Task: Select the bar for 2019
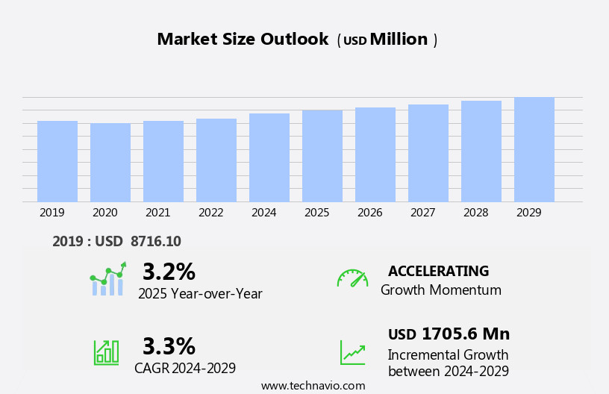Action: tap(57, 161)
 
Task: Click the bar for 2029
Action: tap(534, 149)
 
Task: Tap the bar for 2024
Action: tap(269, 157)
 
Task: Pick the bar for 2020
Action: tap(110, 163)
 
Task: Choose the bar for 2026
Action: tap(375, 154)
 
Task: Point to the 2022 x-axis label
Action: tap(211, 213)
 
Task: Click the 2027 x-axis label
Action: tap(423, 213)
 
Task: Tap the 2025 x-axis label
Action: tap(317, 213)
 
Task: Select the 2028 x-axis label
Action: tap(476, 213)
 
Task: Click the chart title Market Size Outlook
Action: tap(243, 40)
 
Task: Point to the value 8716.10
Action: tap(155, 241)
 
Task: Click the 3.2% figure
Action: tap(169, 272)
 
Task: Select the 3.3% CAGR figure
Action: tap(169, 346)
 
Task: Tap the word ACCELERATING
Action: tap(438, 272)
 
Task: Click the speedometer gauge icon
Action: tap(352, 278)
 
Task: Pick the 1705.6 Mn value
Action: tap(465, 334)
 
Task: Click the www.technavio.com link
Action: tap(313, 386)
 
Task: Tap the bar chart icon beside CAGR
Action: tap(106, 351)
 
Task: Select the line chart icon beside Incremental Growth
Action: tap(352, 352)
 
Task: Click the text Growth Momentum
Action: tap(440, 290)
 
